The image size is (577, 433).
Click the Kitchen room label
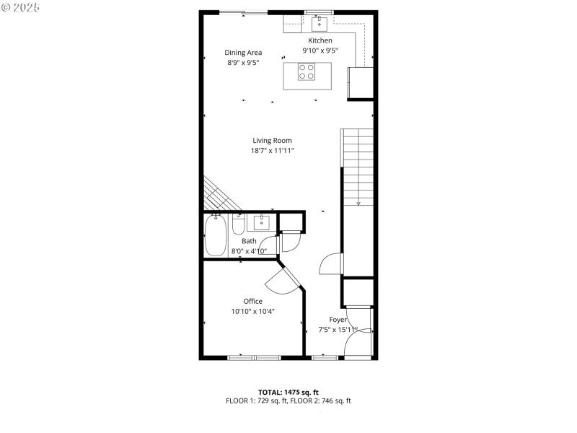click(320, 40)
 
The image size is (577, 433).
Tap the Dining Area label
click(243, 52)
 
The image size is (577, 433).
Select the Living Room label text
click(272, 140)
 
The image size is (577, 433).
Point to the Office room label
click(252, 301)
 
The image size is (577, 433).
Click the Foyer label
click(338, 320)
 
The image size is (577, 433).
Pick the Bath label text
click(249, 241)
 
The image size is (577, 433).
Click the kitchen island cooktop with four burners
click(307, 71)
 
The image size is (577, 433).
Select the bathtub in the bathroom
click(216, 236)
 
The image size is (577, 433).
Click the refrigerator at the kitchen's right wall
click(361, 82)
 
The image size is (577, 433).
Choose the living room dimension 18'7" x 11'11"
click(272, 151)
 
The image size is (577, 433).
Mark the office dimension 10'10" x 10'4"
click(252, 312)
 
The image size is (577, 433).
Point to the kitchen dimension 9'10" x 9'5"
click(320, 51)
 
